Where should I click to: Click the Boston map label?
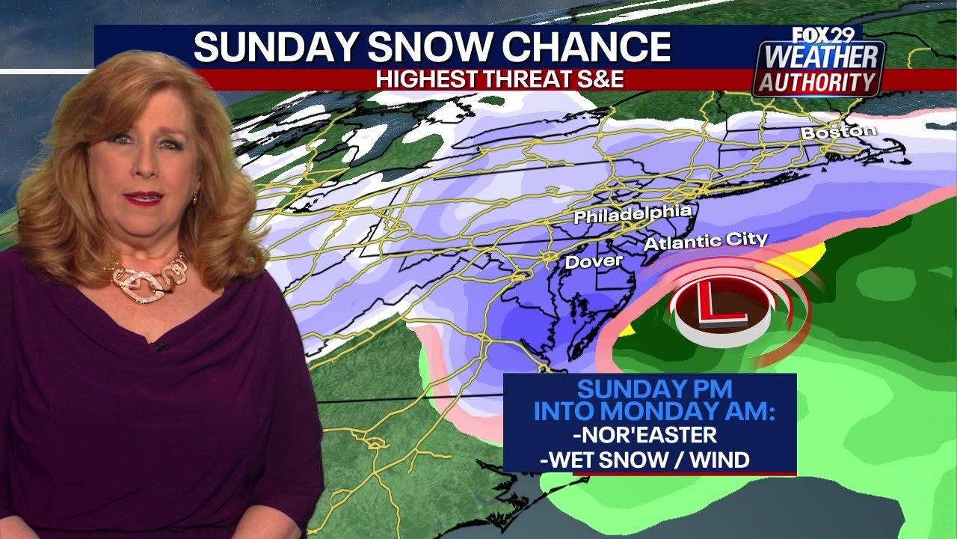(x=838, y=133)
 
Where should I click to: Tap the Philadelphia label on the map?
(x=633, y=214)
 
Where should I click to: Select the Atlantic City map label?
(x=706, y=241)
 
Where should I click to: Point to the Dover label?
(x=594, y=261)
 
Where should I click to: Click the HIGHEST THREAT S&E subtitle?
(x=499, y=79)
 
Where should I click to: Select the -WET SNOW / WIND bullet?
(x=644, y=459)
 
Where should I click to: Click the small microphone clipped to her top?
(x=158, y=346)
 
